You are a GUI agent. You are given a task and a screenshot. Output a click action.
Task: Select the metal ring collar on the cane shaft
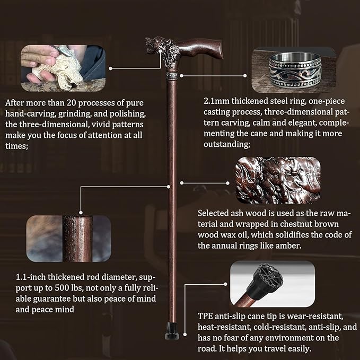[172, 75]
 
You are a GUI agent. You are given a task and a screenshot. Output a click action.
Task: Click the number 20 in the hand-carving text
[71, 103]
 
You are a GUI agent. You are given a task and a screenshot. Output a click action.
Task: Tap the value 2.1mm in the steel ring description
[216, 101]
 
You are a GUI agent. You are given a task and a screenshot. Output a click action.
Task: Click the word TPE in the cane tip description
[205, 316]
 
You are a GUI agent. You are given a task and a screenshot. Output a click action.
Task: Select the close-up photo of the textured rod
[68, 239]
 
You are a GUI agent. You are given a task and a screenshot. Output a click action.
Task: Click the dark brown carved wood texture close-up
[278, 180]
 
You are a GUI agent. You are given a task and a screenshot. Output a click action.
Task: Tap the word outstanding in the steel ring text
[226, 144]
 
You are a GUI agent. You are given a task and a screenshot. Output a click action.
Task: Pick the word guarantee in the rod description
[51, 299]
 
